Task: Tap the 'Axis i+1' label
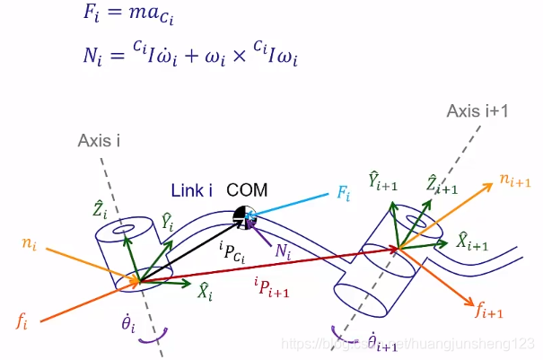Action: coord(477,110)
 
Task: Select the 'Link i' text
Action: coord(191,190)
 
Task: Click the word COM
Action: coord(247,189)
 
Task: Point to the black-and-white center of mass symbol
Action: coord(242,215)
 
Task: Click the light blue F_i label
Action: coord(344,194)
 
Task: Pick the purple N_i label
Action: coord(285,254)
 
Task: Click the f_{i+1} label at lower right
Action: coord(488,312)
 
